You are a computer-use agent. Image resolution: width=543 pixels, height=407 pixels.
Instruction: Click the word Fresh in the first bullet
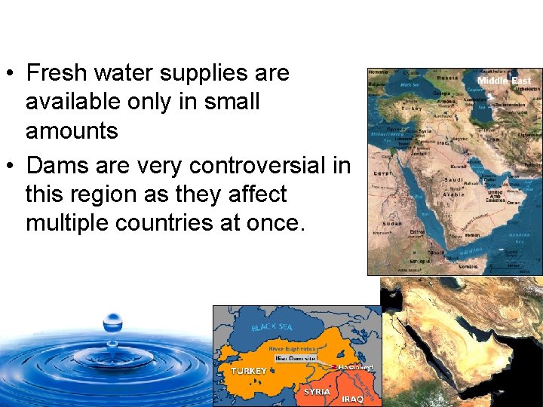pyautogui.click(x=55, y=73)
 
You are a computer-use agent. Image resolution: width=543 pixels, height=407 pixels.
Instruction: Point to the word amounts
pyautogui.click(x=72, y=130)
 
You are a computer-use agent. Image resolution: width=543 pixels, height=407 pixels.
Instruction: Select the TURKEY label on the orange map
pyautogui.click(x=249, y=371)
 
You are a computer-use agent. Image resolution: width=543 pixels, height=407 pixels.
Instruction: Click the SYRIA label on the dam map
pyautogui.click(x=317, y=391)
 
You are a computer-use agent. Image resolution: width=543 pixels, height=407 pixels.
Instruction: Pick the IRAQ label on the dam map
pyautogui.click(x=352, y=399)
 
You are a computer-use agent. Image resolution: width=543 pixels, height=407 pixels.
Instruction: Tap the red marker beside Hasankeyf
pyautogui.click(x=334, y=366)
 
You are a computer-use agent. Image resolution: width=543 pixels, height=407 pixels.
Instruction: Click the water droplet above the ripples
pyautogui.click(x=112, y=323)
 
